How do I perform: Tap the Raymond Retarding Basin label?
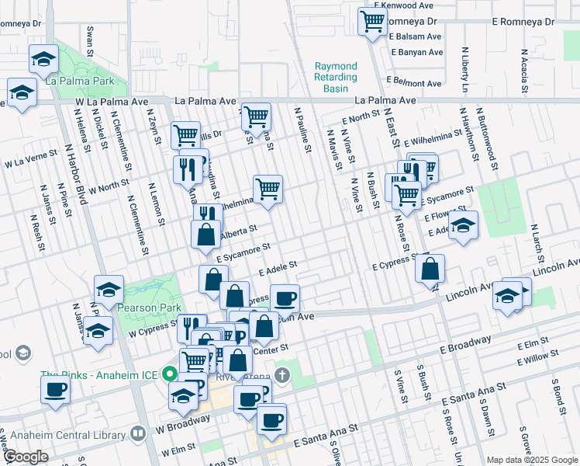point(336,78)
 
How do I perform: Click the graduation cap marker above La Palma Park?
point(43,58)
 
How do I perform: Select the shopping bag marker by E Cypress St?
point(430,268)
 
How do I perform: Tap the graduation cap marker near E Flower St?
point(464,225)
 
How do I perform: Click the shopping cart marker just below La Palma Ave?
point(256,117)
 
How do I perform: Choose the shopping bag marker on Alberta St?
point(205,235)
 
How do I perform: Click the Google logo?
point(26,457)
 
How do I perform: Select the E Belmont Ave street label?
point(416,81)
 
